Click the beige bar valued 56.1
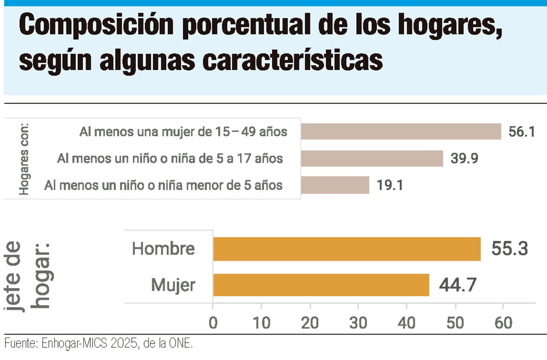click(401, 131)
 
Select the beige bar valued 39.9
click(372, 159)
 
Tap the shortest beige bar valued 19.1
click(335, 185)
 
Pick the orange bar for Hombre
click(347, 249)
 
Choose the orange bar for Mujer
click(321, 285)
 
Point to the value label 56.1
click(521, 132)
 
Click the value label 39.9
click(464, 159)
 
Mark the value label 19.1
click(390, 185)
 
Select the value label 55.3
click(510, 249)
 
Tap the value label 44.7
click(458, 285)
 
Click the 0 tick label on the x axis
click(213, 323)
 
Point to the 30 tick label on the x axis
click(358, 323)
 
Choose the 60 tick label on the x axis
click(503, 323)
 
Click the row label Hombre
click(163, 249)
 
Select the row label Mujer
click(173, 285)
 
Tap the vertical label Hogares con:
click(24, 159)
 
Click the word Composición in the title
click(96, 26)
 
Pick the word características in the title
click(293, 61)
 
